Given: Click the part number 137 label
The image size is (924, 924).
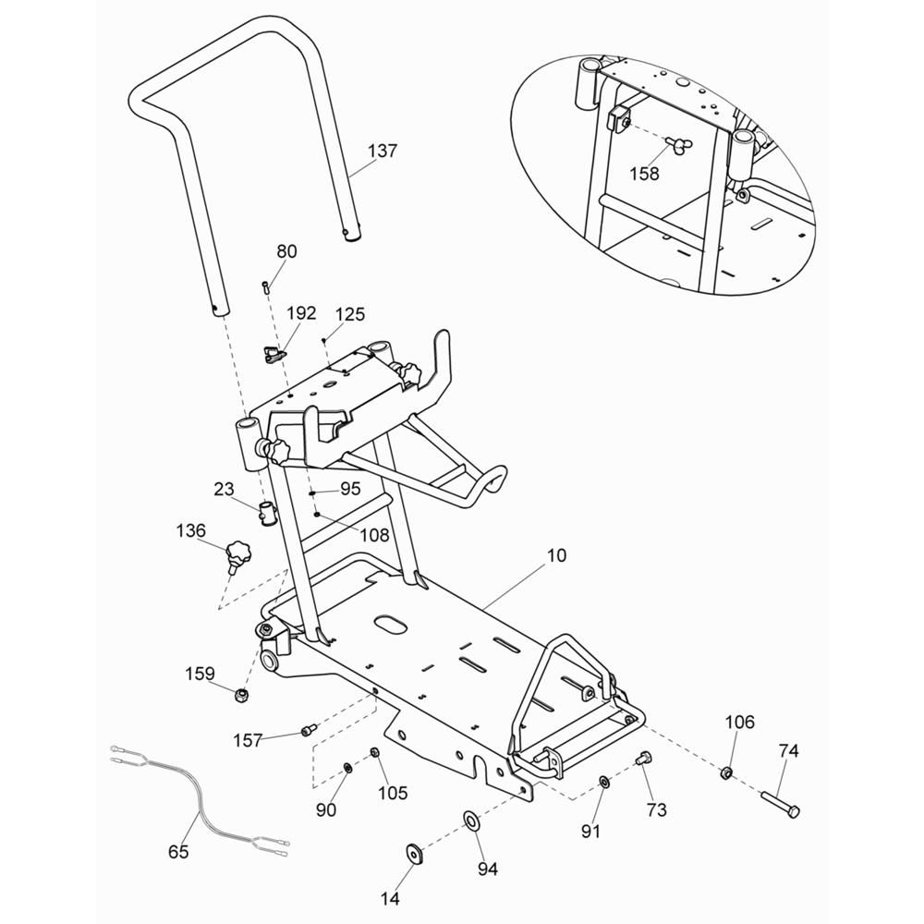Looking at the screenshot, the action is click(383, 151).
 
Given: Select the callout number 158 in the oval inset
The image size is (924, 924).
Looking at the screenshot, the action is click(644, 174).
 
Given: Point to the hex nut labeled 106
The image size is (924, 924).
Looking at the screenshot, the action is click(726, 772).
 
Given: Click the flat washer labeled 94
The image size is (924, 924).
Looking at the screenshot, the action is click(471, 819).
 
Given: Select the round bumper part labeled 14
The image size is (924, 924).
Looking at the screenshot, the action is click(414, 853).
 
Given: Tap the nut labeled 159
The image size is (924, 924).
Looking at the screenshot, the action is click(241, 696).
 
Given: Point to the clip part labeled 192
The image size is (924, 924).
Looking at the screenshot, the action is click(274, 356).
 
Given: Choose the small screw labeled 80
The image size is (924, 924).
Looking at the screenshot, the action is click(265, 287).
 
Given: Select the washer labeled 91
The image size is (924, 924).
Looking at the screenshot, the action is click(604, 783).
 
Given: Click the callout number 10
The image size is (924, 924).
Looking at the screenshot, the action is click(556, 555).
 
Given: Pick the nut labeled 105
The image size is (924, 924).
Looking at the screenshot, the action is click(373, 752).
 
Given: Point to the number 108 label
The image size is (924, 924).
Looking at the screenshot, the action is click(375, 534).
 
